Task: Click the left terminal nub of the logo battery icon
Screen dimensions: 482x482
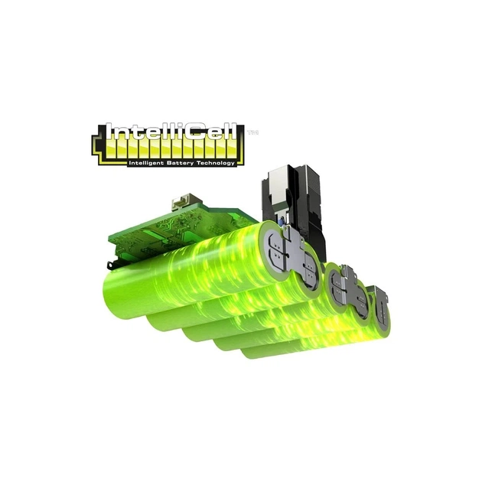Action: (x=94, y=144)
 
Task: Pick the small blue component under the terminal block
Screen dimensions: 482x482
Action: (x=282, y=222)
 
